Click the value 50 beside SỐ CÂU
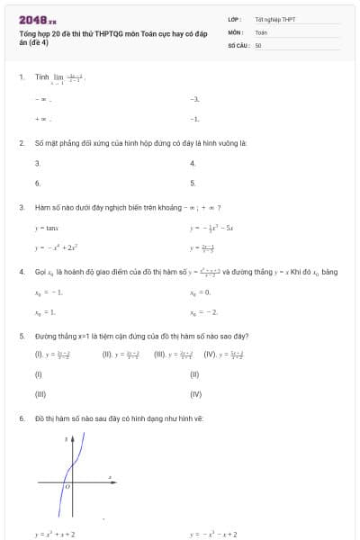(258, 43)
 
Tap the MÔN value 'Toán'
(261, 31)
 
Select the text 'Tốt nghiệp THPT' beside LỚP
(274, 19)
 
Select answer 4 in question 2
(193, 163)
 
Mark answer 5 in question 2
(193, 183)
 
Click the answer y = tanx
(46, 229)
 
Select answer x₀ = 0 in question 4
(199, 292)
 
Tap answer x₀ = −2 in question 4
(202, 311)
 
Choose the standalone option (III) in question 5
(40, 394)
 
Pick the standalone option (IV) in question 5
(195, 394)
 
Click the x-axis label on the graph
(110, 474)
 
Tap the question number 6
(21, 418)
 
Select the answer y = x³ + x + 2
(55, 534)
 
